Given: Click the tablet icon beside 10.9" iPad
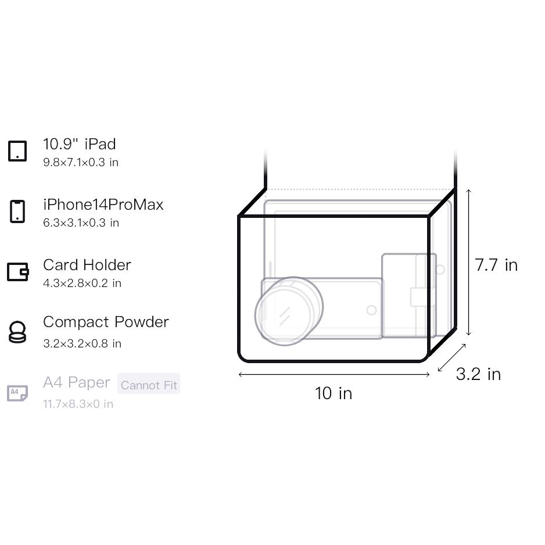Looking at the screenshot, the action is click(17, 151).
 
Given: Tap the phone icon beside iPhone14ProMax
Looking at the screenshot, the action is click(17, 211).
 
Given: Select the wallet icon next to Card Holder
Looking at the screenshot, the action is click(18, 271).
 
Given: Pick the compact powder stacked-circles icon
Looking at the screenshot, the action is click(17, 332).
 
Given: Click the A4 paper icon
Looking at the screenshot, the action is click(17, 393).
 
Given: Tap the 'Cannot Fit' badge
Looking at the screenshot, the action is click(149, 383).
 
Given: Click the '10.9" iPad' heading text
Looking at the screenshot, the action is click(80, 144).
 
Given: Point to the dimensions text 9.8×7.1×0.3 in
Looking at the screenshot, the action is click(81, 162).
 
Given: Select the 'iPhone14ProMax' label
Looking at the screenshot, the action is click(103, 205).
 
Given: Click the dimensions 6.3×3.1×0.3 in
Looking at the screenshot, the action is click(81, 223).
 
